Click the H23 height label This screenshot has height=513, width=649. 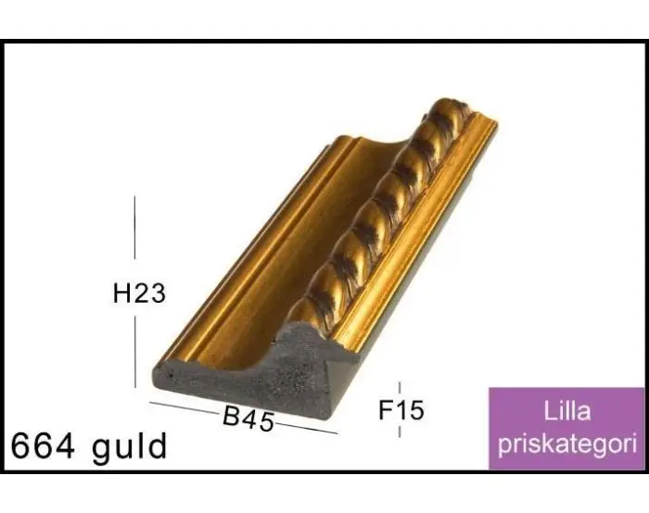pyautogui.click(x=139, y=294)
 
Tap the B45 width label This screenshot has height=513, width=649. pyautogui.click(x=248, y=419)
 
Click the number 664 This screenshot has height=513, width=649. pyautogui.click(x=44, y=446)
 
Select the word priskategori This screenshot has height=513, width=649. pyautogui.click(x=566, y=444)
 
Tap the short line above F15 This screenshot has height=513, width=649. pyautogui.click(x=400, y=388)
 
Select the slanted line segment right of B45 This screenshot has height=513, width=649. pyautogui.click(x=306, y=428)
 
